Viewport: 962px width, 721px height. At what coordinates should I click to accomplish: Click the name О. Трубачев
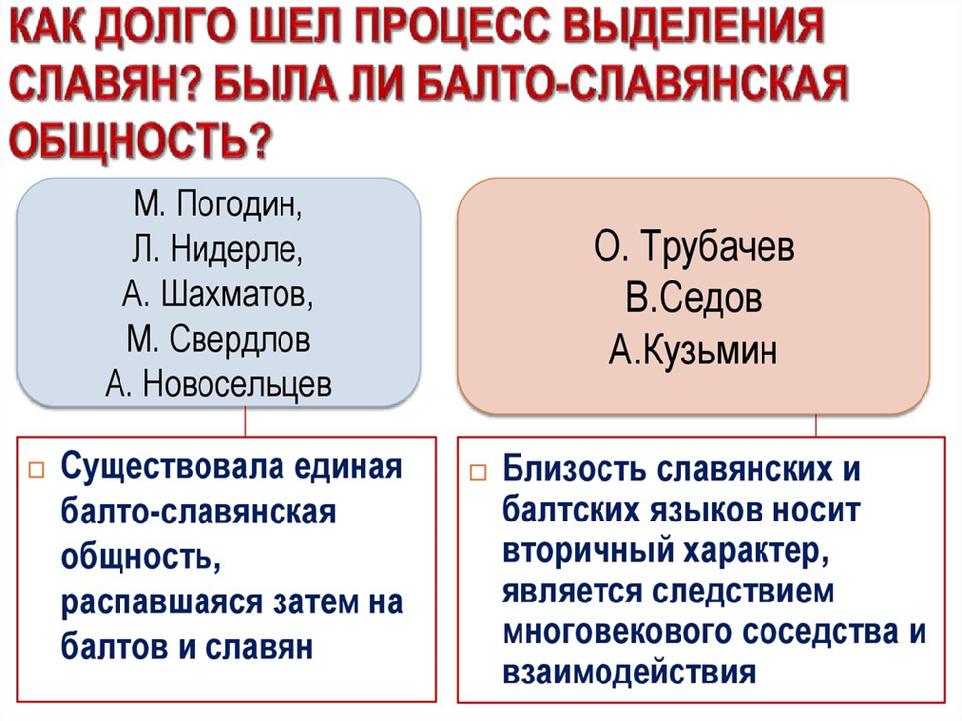pyautogui.click(x=693, y=248)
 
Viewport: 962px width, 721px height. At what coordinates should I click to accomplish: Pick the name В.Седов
pyautogui.click(x=693, y=299)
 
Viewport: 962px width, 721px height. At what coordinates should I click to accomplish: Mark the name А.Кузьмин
pyautogui.click(x=693, y=351)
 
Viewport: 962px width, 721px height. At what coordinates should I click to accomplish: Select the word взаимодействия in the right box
pyautogui.click(x=629, y=672)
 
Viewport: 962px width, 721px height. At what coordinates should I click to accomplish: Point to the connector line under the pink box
pyautogui.click(x=816, y=423)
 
